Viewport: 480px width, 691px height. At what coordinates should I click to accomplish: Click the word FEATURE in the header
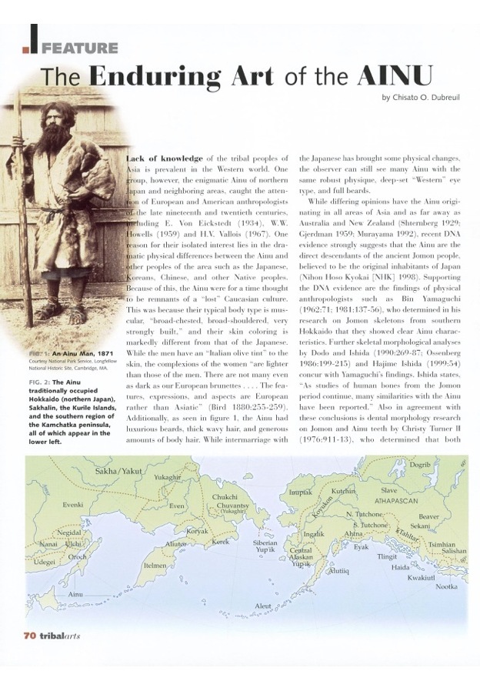pos(80,48)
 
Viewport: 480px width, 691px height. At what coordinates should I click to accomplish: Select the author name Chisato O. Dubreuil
pos(423,97)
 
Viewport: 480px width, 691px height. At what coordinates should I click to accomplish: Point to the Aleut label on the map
pos(263,606)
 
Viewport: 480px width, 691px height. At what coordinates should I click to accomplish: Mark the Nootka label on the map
pos(447,586)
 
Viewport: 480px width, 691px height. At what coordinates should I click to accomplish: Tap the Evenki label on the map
pos(73,505)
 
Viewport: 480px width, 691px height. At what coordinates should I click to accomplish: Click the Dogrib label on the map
pos(420,465)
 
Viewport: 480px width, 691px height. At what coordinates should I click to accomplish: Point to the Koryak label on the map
pos(197,531)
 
